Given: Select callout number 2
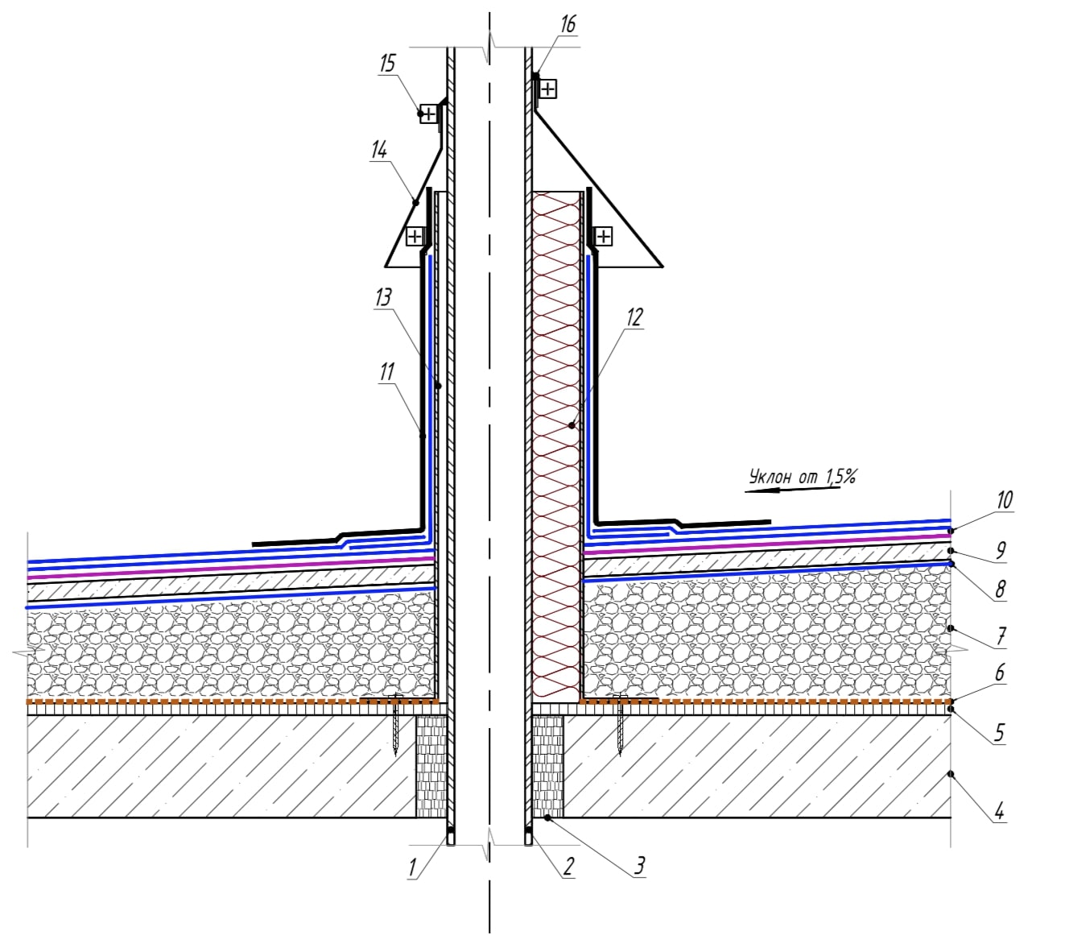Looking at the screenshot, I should [568, 867].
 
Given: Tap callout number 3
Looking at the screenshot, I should [638, 866].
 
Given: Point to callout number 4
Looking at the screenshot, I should [999, 809].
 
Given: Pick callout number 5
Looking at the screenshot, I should [999, 732].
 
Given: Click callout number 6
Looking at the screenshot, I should [999, 672].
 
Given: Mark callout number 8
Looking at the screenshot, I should [1000, 590].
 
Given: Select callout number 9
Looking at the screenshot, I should [1001, 551].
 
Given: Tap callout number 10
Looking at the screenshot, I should [1003, 499].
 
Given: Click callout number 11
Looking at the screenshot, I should [387, 371].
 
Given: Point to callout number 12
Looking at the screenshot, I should [634, 317].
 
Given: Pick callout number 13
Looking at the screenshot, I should [383, 297].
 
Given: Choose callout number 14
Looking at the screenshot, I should [379, 150].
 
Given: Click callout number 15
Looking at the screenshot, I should [388, 63].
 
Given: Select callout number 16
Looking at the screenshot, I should [568, 24].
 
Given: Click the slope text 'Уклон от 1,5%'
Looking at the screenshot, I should [802, 476].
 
